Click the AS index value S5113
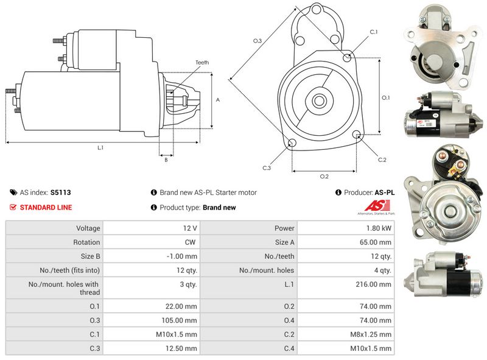pyautogui.click(x=60, y=192)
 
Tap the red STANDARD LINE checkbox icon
pyautogui.click(x=13, y=207)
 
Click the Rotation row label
pyautogui.click(x=86, y=242)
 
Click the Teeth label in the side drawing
pyautogui.click(x=202, y=63)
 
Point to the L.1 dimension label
pyautogui.click(x=100, y=148)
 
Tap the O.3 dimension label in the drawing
pyautogui.click(x=258, y=41)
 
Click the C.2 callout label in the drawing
pyautogui.click(x=382, y=160)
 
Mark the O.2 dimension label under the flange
pyautogui.click(x=324, y=177)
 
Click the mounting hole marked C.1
pyautogui.click(x=348, y=57)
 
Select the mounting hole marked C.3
pyautogui.click(x=292, y=143)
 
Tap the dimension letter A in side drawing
pyautogui.click(x=217, y=99)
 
